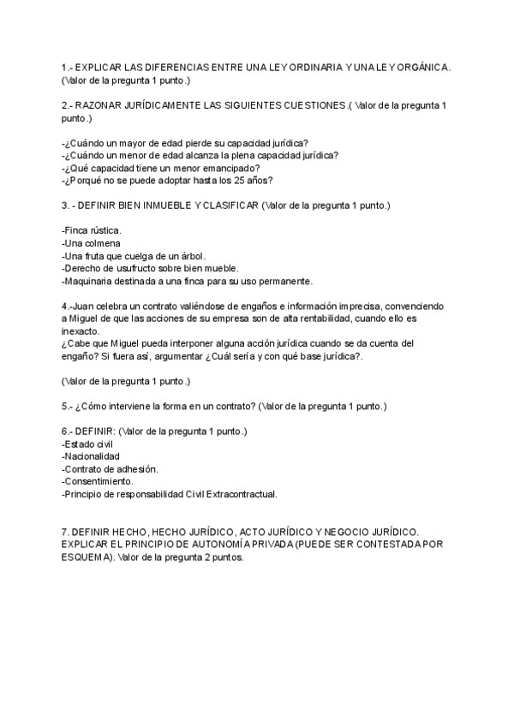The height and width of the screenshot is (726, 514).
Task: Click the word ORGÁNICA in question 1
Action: point(421,67)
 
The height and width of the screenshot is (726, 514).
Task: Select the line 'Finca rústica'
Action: point(92,230)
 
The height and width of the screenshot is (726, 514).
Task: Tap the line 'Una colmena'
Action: point(91,243)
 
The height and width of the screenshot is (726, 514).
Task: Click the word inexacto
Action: point(81,330)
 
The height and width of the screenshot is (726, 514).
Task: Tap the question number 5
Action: point(66,405)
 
